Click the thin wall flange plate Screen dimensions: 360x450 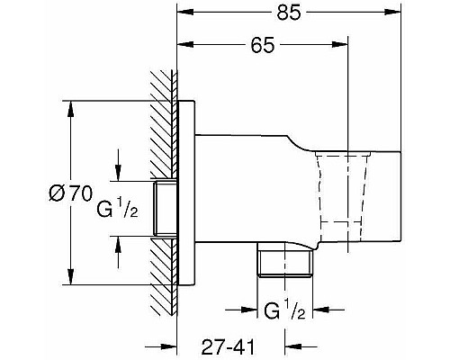click(187, 193)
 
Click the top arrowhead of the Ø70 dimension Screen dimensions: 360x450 click(70, 104)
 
